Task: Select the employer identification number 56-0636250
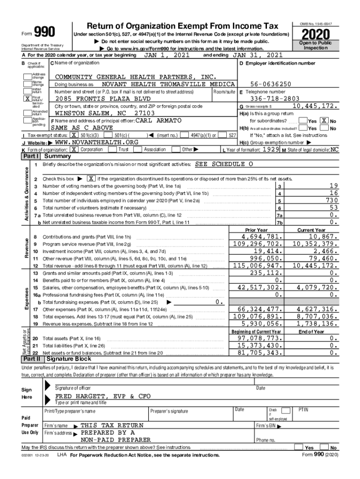pos(271,84)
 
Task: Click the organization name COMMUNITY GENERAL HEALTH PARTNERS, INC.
pos(136,77)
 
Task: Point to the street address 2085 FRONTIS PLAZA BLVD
pos(103,99)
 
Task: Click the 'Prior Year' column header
pos(256,230)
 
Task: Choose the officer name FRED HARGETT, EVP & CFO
pos(103,396)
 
